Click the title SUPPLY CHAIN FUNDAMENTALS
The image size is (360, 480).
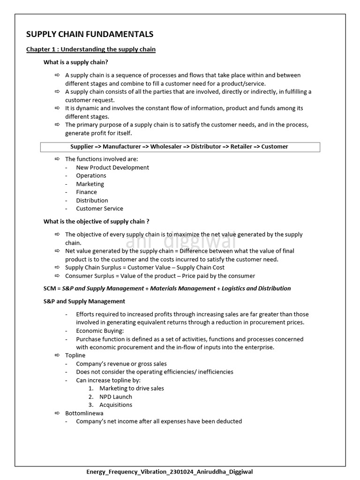pyautogui.click(x=90, y=34)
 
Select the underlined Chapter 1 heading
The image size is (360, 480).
pyautogui.click(x=91, y=49)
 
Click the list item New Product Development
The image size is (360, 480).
pyautogui.click(x=112, y=167)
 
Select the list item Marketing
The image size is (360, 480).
pyautogui.click(x=90, y=184)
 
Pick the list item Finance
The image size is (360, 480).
pyautogui.click(x=86, y=192)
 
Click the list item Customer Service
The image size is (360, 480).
pyautogui.click(x=99, y=209)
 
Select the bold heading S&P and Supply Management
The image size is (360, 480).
pyautogui.click(x=84, y=301)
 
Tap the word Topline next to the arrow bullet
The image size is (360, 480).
pyautogui.click(x=75, y=355)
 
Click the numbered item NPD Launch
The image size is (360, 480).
pyautogui.click(x=116, y=397)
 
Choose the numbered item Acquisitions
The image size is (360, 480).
pyautogui.click(x=116, y=405)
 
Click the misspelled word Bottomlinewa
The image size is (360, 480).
pyautogui.click(x=84, y=413)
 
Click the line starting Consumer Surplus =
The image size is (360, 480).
pyautogui.click(x=160, y=276)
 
